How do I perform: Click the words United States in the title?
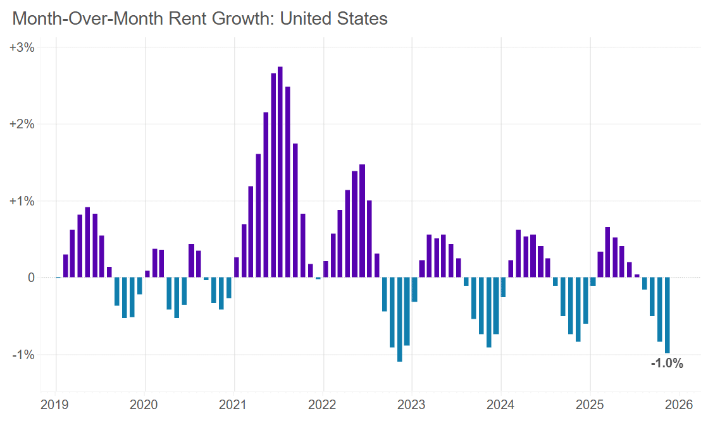(x=333, y=18)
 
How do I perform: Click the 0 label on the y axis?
(x=30, y=278)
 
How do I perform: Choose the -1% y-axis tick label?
(x=23, y=354)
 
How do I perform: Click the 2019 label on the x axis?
(x=56, y=404)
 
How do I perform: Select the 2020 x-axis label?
(x=146, y=404)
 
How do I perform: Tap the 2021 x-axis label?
(x=235, y=404)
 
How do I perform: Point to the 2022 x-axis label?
(x=323, y=404)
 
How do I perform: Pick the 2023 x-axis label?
(x=413, y=404)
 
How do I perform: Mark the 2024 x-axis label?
(x=501, y=404)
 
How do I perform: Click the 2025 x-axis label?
(x=590, y=404)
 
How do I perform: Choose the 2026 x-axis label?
(x=680, y=404)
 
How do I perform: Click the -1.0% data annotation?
(x=667, y=364)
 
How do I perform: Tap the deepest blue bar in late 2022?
(x=399, y=319)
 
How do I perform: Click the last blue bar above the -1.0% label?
(x=667, y=315)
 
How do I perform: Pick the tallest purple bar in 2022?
(x=362, y=221)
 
